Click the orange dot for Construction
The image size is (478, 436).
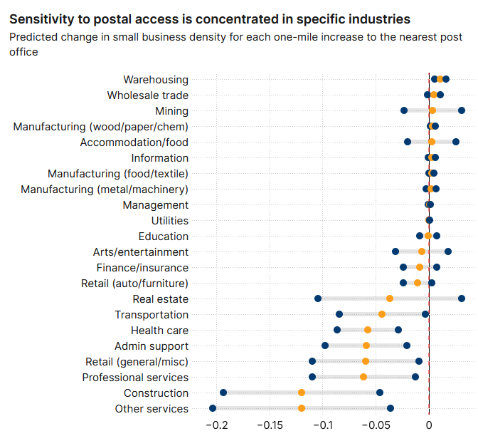point(302,393)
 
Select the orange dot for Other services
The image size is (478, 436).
point(302,408)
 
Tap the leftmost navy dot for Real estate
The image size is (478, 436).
point(318,299)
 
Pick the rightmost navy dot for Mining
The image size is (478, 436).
point(462,110)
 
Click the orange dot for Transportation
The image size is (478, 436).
point(382,314)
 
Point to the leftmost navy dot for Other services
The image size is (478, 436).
point(213,408)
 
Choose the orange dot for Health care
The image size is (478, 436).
point(368,330)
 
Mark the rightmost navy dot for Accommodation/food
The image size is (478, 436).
point(456,142)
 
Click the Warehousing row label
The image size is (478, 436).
point(156,80)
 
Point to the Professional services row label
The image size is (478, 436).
point(135,377)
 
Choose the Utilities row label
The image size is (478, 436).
point(169,221)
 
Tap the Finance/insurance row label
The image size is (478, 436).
point(142,268)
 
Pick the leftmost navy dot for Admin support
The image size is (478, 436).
point(325,346)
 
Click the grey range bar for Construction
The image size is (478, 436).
point(263,393)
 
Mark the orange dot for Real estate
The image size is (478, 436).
point(390,299)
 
